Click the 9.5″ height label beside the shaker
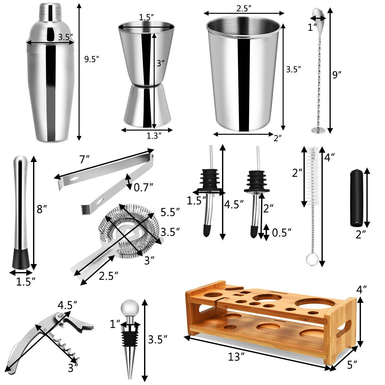click(92, 59)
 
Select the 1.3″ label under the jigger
click(154, 136)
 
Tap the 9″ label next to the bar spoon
click(337, 75)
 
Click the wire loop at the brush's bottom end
click(312, 260)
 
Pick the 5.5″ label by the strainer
click(170, 212)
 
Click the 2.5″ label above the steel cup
click(244, 8)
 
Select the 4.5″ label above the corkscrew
click(67, 305)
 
